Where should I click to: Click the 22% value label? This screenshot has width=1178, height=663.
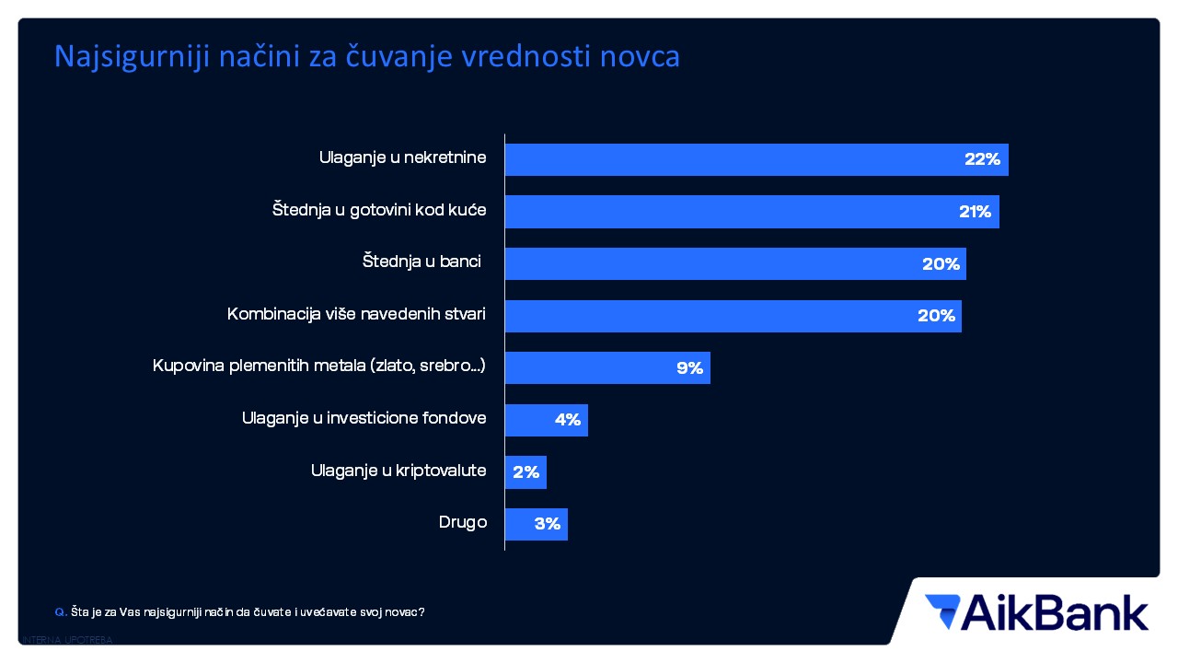point(982,159)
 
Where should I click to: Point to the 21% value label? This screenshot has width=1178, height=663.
point(975,212)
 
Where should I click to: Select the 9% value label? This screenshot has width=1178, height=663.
point(689,368)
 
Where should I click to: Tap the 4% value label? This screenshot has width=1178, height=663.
point(567,420)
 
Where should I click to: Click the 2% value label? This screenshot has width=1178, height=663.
point(525,472)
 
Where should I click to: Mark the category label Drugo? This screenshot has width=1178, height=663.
point(463,523)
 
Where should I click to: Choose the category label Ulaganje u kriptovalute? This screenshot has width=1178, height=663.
point(398,471)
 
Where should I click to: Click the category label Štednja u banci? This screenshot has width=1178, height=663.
point(422,262)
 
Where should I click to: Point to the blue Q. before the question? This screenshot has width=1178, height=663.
point(61,611)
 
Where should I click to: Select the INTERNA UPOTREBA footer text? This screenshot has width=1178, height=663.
point(66,640)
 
